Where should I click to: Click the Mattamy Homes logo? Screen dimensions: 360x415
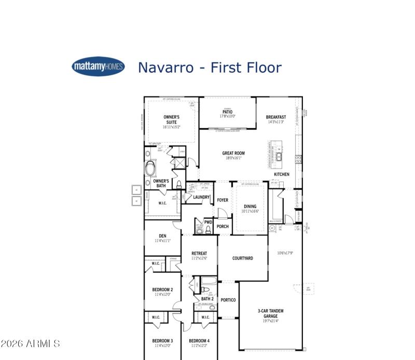pyautogui.click(x=98, y=66)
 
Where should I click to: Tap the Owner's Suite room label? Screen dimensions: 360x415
pyautogui.click(x=171, y=120)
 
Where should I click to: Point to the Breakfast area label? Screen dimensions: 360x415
pyautogui.click(x=276, y=117)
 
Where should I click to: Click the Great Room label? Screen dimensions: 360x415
pyautogui.click(x=233, y=154)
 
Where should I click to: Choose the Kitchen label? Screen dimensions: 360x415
pyautogui.click(x=282, y=174)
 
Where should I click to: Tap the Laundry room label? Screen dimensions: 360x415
pyautogui.click(x=201, y=197)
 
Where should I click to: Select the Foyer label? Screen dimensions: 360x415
pyautogui.click(x=223, y=200)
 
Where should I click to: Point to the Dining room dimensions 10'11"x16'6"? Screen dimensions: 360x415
pyautogui.click(x=250, y=212)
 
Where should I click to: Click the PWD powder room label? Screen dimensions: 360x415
pyautogui.click(x=208, y=222)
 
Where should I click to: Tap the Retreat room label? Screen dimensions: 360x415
pyautogui.click(x=199, y=254)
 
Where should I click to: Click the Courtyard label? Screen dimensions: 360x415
pyautogui.click(x=242, y=258)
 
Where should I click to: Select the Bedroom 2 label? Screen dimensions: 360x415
pyautogui.click(x=162, y=289)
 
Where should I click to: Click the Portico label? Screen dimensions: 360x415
pyautogui.click(x=228, y=300)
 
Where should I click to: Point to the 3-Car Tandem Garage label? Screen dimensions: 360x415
pyautogui.click(x=271, y=313)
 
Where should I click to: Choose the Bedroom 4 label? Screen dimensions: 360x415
pyautogui.click(x=199, y=341)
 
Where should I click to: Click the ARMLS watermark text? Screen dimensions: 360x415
pyautogui.click(x=31, y=344)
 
